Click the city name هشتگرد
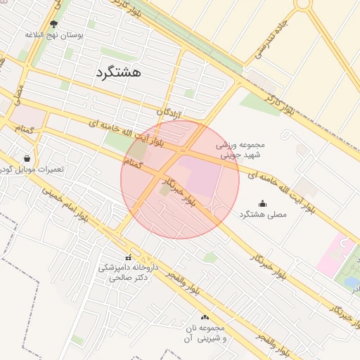click(x=117, y=71)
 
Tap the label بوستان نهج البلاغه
click(x=54, y=34)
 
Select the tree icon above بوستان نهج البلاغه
click(x=54, y=24)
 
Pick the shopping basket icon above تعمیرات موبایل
click(x=27, y=159)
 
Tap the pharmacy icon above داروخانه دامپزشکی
click(x=128, y=257)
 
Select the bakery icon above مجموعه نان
click(x=205, y=318)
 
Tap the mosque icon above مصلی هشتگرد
click(x=263, y=203)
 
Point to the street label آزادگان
click(x=169, y=112)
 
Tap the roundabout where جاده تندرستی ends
click(x=302, y=4)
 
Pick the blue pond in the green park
click(x=351, y=282)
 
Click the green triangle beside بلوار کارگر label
click(x=259, y=103)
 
